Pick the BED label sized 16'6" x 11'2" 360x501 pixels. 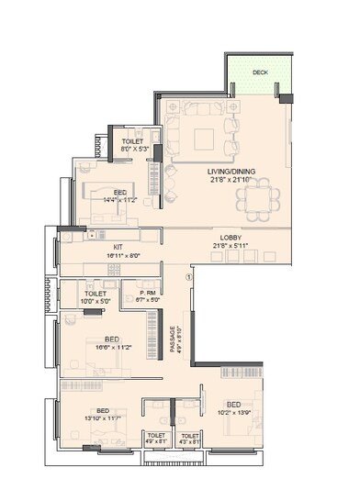(111, 339)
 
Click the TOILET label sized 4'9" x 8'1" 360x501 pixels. (155, 435)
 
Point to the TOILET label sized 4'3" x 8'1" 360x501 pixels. (190, 435)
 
